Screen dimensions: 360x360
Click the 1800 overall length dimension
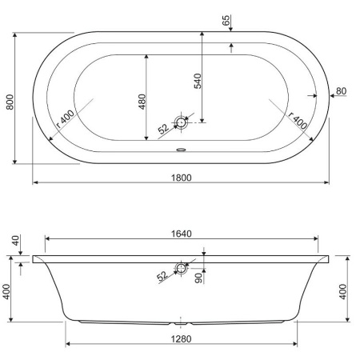pyautogui.click(x=181, y=178)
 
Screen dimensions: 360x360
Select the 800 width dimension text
pyautogui.click(x=10, y=102)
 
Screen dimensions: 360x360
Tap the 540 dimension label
pyautogui.click(x=198, y=81)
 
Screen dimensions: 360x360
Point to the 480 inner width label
pyautogui.click(x=142, y=102)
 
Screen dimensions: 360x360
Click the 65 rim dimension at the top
pyautogui.click(x=226, y=20)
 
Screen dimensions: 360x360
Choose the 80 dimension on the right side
pyautogui.click(x=341, y=91)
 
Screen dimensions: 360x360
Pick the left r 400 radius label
pyautogui.click(x=66, y=119)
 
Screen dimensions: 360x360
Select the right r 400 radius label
pyautogui.click(x=298, y=120)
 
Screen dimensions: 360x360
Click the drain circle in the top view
pyautogui.click(x=181, y=122)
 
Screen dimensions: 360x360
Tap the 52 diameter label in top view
pyautogui.click(x=163, y=129)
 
